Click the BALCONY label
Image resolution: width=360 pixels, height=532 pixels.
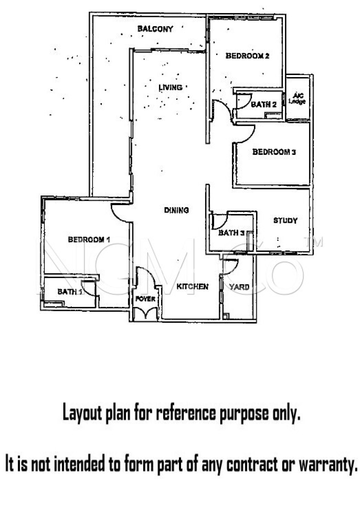pyautogui.click(x=155, y=29)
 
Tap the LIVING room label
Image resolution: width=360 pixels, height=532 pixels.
pyautogui.click(x=170, y=88)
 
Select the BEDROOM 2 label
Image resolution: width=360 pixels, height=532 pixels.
pyautogui.click(x=247, y=56)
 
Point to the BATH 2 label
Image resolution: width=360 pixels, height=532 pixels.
pyautogui.click(x=264, y=104)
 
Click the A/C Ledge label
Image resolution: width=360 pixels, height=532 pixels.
pyautogui.click(x=297, y=99)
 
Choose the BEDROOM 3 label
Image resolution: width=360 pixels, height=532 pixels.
pyautogui.click(x=274, y=152)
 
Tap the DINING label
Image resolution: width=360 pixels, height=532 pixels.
pyautogui.click(x=176, y=210)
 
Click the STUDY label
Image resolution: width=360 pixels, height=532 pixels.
pyautogui.click(x=285, y=221)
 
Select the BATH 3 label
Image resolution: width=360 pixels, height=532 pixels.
pyautogui.click(x=231, y=233)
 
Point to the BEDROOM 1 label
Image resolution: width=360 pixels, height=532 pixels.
pyautogui.click(x=89, y=240)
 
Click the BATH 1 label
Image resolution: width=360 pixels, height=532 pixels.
pyautogui.click(x=70, y=292)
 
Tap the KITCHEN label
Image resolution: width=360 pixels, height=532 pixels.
pyautogui.click(x=192, y=287)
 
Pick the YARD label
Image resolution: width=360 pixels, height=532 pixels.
pyautogui.click(x=239, y=287)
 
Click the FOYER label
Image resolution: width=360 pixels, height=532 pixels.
pyautogui.click(x=145, y=299)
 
